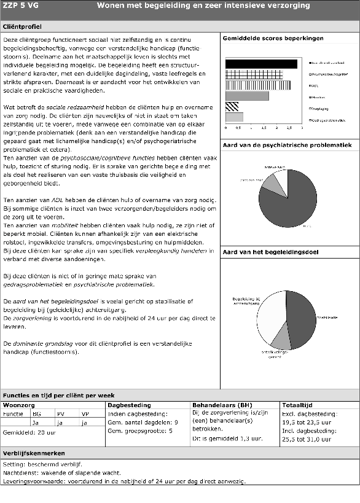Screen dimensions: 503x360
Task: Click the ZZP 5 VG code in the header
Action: point(19,6)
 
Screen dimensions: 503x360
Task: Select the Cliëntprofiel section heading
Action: point(23,28)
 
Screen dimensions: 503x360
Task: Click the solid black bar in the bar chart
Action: point(261,63)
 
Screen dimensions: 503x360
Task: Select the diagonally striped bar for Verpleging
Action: point(232,106)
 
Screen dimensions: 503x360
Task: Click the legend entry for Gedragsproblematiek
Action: point(327,120)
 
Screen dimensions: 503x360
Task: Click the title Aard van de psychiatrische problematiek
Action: point(286,145)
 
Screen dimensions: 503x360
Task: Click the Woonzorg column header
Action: point(19,405)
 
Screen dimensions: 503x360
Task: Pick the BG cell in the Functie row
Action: point(36,414)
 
